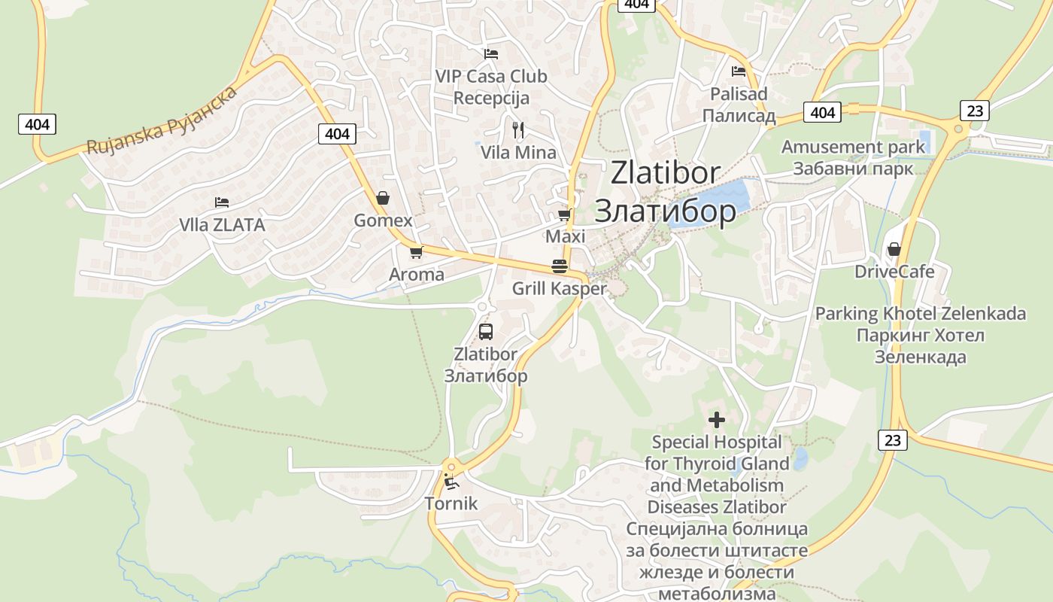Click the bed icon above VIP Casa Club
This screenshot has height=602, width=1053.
(x=491, y=53)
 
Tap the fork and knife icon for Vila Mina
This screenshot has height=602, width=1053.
(x=517, y=130)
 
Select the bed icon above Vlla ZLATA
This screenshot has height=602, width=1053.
(x=221, y=202)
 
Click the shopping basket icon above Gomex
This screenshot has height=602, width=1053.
(x=383, y=198)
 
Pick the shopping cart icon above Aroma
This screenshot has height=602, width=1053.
(x=416, y=252)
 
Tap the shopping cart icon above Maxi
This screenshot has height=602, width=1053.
(x=565, y=214)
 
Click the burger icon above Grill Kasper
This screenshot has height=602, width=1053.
(x=559, y=266)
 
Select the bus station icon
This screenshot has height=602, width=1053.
(x=485, y=331)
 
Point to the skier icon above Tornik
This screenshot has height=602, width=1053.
(x=451, y=482)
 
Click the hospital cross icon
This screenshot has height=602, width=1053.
(x=717, y=419)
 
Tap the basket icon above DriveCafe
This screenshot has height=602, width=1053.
(x=894, y=249)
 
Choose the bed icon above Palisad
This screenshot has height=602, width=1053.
(x=739, y=71)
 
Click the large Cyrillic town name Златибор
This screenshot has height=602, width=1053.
(x=665, y=211)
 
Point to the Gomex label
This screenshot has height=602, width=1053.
(x=384, y=220)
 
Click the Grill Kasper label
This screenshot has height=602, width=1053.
(x=559, y=289)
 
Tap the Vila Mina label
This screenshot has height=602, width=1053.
(x=519, y=153)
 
